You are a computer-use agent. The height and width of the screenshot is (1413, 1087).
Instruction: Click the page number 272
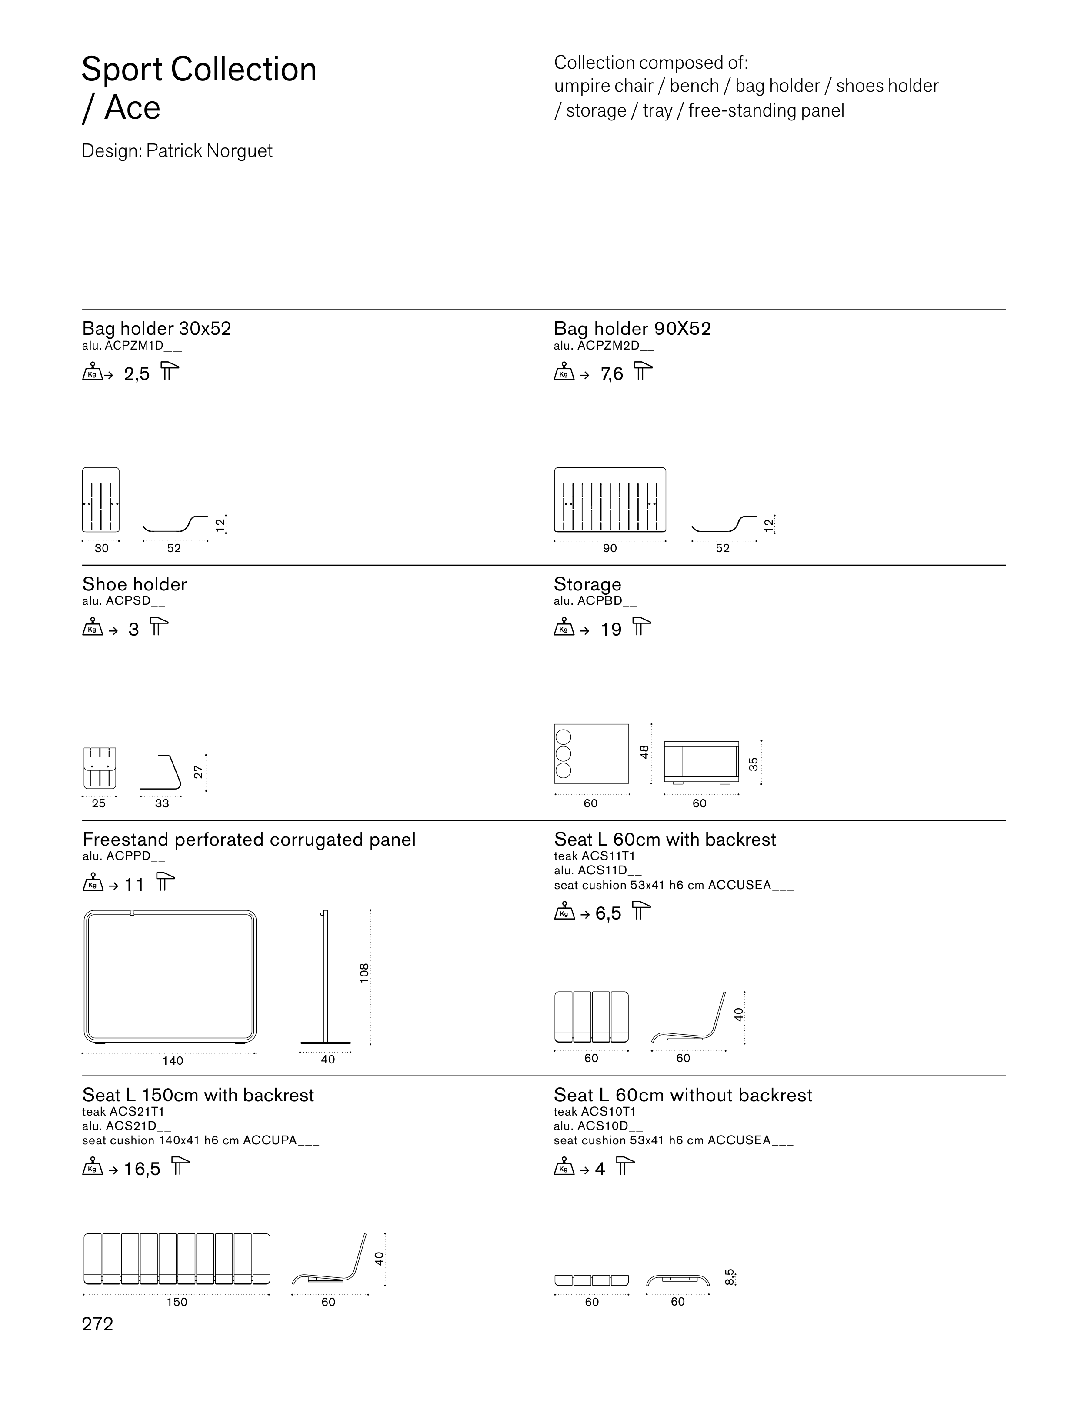click(x=98, y=1324)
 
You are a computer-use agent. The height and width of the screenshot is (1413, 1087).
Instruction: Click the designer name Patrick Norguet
click(x=209, y=151)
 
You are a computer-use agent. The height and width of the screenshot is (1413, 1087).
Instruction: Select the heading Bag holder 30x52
click(x=157, y=329)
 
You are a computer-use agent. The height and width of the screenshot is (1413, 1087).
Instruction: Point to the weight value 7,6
click(x=611, y=373)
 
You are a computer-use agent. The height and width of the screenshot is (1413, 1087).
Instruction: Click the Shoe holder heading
click(x=135, y=584)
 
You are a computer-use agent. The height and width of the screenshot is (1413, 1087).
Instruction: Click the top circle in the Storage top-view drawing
click(x=564, y=737)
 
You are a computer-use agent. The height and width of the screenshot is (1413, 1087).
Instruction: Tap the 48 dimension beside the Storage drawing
click(x=644, y=752)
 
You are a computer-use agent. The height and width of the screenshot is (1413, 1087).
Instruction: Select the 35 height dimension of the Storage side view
click(x=753, y=764)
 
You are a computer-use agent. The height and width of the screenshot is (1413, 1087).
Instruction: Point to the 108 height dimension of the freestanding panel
click(x=364, y=973)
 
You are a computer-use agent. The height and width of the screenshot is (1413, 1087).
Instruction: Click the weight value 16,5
click(x=142, y=1169)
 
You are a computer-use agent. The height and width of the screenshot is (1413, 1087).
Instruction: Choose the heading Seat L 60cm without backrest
click(x=683, y=1095)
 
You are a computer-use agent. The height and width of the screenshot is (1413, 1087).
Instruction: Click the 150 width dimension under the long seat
click(x=177, y=1302)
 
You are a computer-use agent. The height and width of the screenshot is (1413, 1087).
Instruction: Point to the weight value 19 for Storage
click(x=611, y=630)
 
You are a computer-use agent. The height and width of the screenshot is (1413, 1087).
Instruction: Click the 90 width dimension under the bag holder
click(x=610, y=548)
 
